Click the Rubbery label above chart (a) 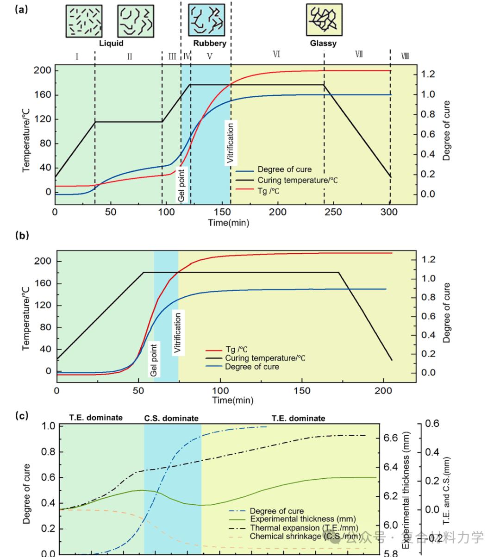point(209,44)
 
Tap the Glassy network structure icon point(324,20)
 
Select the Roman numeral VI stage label point(276,55)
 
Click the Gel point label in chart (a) point(181,185)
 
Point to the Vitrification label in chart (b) point(178,333)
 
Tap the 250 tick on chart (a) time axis point(333,212)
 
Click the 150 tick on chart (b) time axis point(302,391)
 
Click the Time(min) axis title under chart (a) point(228,223)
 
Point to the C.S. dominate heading point(171,419)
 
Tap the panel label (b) point(22,235)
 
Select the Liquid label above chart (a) point(111,44)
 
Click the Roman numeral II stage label point(130,57)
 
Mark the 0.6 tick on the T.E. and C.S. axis point(432,424)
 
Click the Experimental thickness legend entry point(303,519)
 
